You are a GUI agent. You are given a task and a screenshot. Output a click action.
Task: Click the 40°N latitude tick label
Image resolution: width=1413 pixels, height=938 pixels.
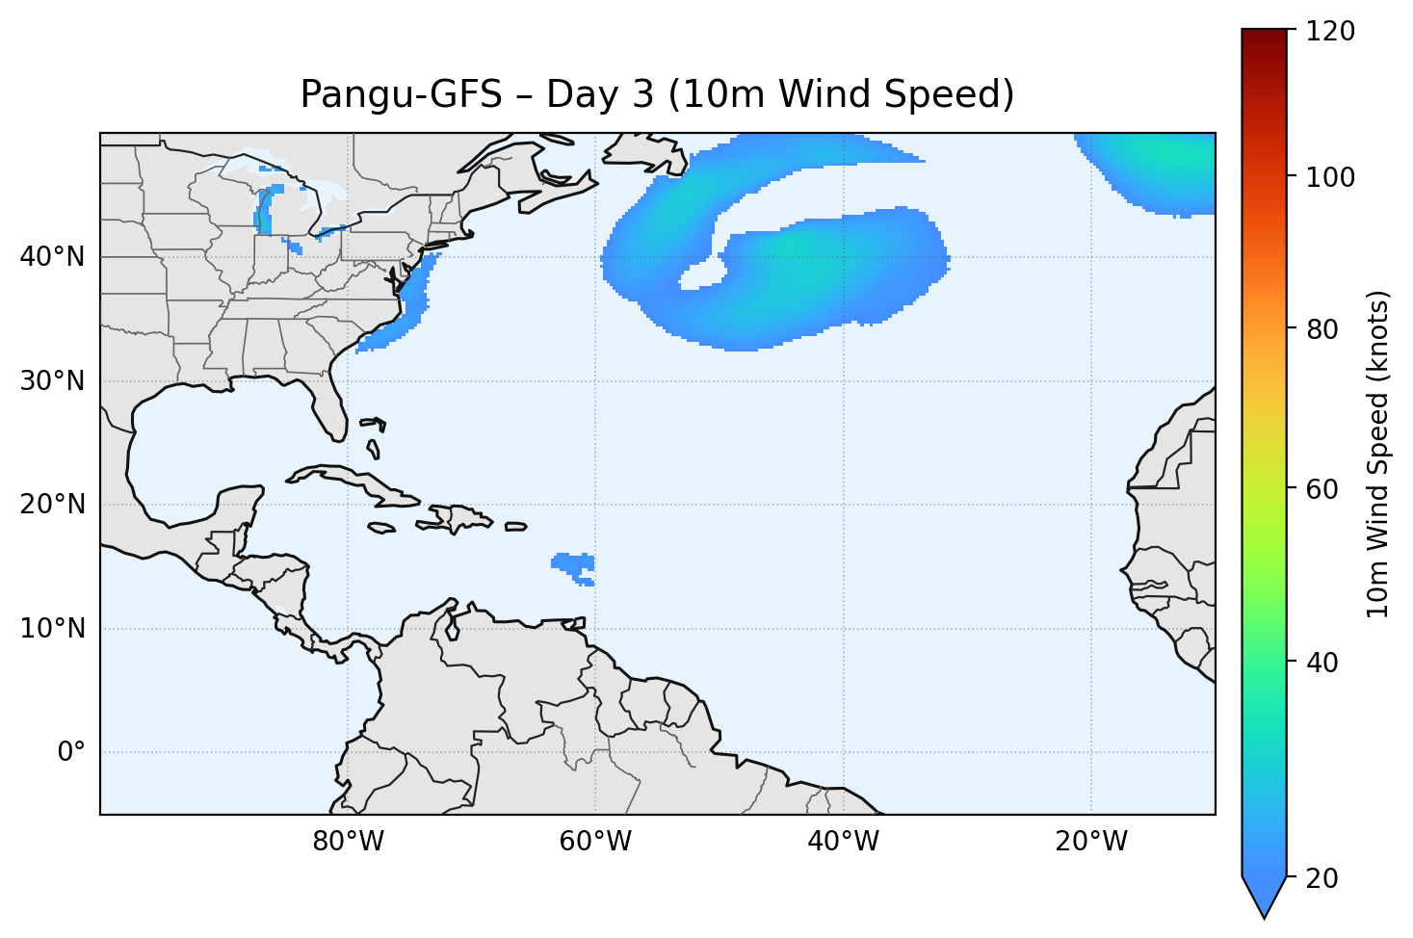coord(52,257)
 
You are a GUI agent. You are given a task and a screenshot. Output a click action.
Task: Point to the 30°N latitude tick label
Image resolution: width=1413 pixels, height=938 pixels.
coord(52,381)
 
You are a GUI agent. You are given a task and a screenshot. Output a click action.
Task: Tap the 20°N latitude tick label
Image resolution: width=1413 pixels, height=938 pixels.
coord(52,505)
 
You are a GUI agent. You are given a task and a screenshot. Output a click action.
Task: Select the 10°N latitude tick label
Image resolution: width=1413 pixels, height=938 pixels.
coord(52,629)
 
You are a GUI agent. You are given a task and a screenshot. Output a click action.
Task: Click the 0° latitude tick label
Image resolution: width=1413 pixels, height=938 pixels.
coord(71,752)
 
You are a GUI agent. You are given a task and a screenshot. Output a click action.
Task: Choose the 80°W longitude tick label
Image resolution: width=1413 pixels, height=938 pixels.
coord(348,842)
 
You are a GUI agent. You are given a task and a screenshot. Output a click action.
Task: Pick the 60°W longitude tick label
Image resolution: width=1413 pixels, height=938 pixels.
coord(595,842)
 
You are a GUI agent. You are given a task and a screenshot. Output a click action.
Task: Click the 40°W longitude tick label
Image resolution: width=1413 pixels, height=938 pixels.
coord(843,842)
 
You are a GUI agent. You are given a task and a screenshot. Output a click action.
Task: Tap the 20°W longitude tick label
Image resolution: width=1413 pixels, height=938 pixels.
coord(1090,842)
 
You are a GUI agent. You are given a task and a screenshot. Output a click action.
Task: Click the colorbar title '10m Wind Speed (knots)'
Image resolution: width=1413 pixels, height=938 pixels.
coord(1378,454)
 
